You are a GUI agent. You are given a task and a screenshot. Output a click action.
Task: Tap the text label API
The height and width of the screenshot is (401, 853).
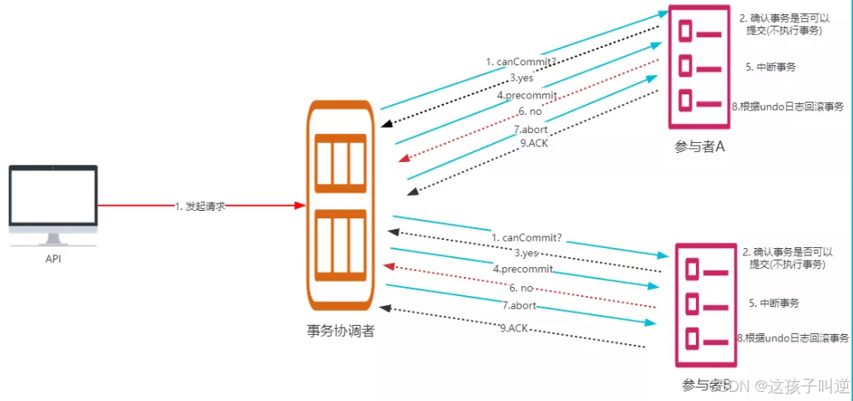[x=53, y=259]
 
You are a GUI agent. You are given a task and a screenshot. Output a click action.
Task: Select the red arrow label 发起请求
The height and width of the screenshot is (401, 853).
[x=200, y=206]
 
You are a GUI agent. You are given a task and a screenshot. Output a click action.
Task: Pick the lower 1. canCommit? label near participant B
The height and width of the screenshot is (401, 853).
[x=527, y=238]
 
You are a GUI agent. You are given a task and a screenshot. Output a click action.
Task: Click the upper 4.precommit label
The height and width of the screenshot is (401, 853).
[x=527, y=96]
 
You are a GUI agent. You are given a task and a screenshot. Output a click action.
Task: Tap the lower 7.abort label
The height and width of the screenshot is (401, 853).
[x=520, y=306]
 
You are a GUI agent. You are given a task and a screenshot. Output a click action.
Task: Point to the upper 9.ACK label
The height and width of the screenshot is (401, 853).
[x=534, y=143]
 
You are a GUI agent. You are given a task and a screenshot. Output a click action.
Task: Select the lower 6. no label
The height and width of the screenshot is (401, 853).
[x=521, y=288]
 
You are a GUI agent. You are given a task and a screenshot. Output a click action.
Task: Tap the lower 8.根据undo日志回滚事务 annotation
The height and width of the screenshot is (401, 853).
[x=792, y=338]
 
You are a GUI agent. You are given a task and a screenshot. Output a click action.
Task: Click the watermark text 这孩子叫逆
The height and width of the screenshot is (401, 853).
[x=800, y=385]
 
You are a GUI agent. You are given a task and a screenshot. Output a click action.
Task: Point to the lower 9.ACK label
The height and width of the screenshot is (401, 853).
[x=514, y=328]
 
